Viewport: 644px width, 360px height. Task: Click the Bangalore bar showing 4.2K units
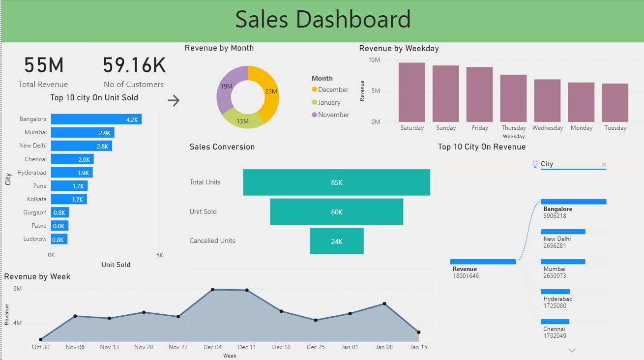click(x=96, y=119)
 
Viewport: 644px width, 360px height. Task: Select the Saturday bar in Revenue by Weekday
click(x=411, y=92)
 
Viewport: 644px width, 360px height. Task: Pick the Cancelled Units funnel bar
click(x=336, y=241)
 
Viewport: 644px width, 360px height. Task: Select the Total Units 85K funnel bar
click(x=336, y=182)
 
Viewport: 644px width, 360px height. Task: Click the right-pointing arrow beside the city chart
click(x=174, y=101)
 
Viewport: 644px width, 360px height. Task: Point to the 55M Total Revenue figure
click(x=44, y=65)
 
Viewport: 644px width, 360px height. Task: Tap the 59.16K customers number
click(x=134, y=65)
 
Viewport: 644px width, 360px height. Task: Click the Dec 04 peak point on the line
click(x=212, y=290)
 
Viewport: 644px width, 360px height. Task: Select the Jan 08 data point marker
click(x=384, y=304)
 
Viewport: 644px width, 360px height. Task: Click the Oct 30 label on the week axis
click(x=40, y=347)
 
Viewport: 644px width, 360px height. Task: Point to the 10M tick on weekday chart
click(x=374, y=60)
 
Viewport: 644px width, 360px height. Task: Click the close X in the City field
click(x=604, y=165)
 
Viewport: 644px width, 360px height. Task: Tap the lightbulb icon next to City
click(x=535, y=164)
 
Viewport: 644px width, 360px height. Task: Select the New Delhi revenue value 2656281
click(x=555, y=246)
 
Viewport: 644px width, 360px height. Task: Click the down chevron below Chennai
click(x=572, y=351)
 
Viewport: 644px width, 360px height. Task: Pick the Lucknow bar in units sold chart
click(x=59, y=239)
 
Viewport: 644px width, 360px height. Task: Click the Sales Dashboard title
click(x=322, y=20)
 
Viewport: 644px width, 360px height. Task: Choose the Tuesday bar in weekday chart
click(x=615, y=102)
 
